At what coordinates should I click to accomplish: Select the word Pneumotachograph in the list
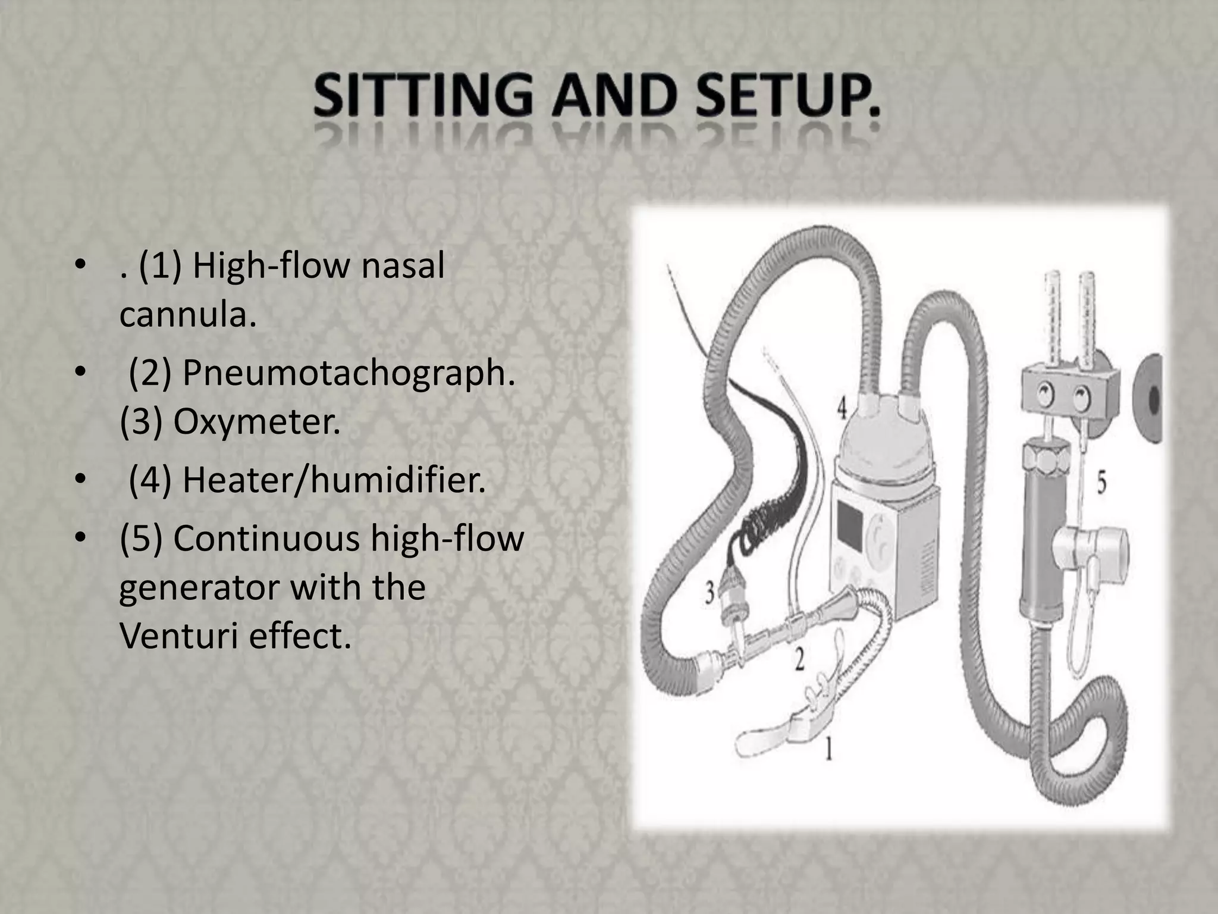349,373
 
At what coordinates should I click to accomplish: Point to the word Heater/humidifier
334,480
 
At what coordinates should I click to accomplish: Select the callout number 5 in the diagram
1101,483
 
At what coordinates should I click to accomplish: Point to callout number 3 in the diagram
709,593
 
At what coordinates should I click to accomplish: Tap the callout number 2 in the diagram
800,659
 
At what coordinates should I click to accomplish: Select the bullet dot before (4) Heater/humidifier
78,480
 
